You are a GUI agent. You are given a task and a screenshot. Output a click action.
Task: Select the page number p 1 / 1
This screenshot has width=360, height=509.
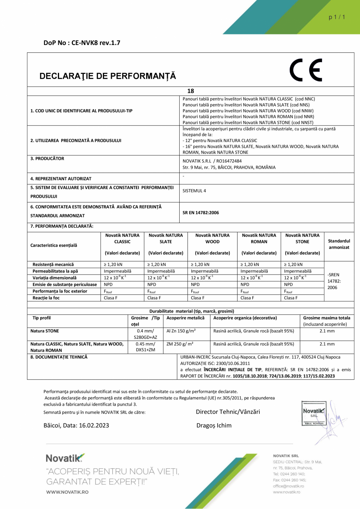[337, 17]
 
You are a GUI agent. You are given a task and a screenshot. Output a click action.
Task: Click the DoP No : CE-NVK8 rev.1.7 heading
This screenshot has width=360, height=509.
[82, 43]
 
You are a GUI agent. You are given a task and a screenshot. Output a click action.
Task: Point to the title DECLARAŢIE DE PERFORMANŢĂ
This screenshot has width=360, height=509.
[108, 76]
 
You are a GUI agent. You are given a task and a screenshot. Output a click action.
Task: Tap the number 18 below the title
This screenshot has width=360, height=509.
[191, 91]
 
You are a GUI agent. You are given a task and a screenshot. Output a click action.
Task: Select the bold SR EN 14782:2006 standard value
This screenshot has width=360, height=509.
[201, 213]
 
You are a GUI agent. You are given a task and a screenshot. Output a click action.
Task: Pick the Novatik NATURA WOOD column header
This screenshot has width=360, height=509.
[212, 238]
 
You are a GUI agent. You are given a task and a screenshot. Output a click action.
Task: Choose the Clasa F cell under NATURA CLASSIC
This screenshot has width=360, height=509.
[111, 298]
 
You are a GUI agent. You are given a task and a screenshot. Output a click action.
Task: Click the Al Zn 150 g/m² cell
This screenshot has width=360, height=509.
[181, 331]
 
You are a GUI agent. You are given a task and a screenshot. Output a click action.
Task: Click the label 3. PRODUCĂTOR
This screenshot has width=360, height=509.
[47, 159]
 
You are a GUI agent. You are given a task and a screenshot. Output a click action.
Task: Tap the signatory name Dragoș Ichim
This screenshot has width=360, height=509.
[214, 425]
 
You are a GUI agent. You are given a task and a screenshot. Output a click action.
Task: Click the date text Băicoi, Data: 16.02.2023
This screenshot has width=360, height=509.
[76, 425]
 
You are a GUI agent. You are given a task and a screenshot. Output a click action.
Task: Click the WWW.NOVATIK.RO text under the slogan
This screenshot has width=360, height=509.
[67, 491]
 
